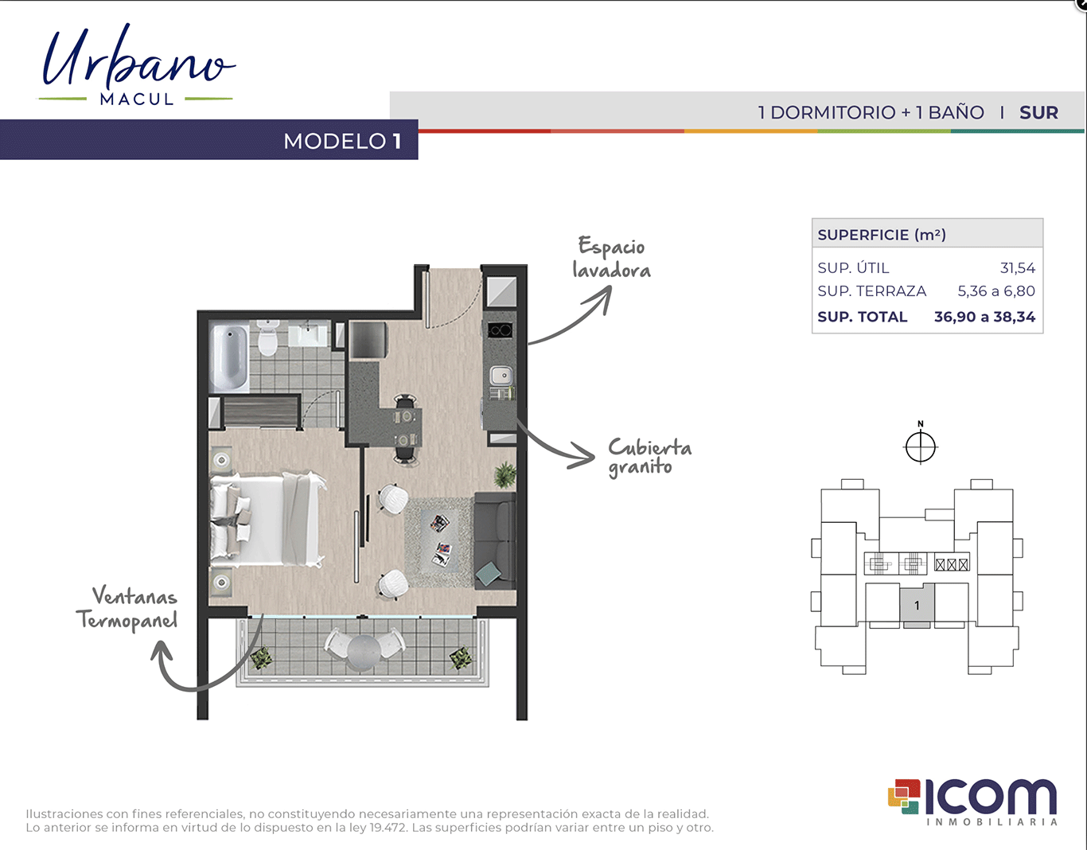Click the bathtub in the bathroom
[229, 357]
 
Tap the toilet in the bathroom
[267, 337]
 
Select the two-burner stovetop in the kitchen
[500, 329]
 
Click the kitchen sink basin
[501, 375]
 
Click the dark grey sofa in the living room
[495, 540]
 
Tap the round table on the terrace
[364, 652]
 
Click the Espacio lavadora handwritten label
[611, 258]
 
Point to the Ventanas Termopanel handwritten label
[127, 608]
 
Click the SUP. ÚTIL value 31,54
[1018, 268]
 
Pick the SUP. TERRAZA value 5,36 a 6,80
[996, 291]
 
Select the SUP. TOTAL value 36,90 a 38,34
[984, 317]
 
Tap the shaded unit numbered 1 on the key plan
[917, 605]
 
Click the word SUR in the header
[1039, 112]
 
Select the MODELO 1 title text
[343, 141]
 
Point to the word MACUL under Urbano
[137, 99]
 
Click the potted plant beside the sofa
[505, 475]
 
